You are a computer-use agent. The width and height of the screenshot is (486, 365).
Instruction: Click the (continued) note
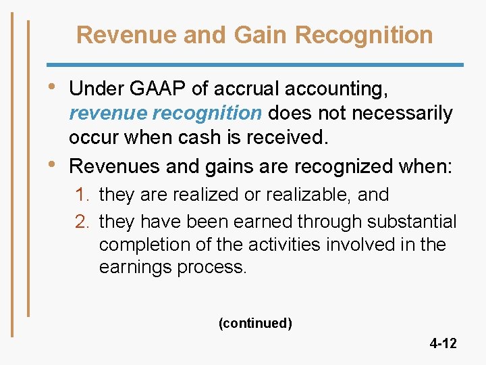pos(255,323)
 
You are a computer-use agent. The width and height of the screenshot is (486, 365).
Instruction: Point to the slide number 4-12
pos(443,343)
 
